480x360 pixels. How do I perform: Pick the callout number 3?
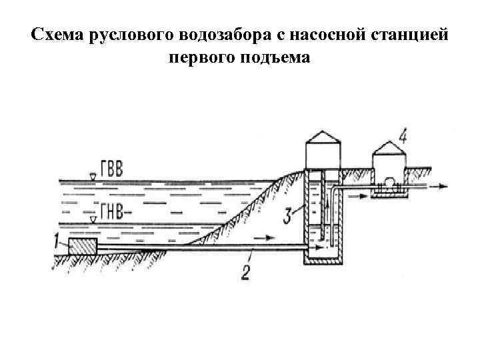point(287,215)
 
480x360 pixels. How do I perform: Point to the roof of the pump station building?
point(389,148)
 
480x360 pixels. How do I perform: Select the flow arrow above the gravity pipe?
point(265,237)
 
